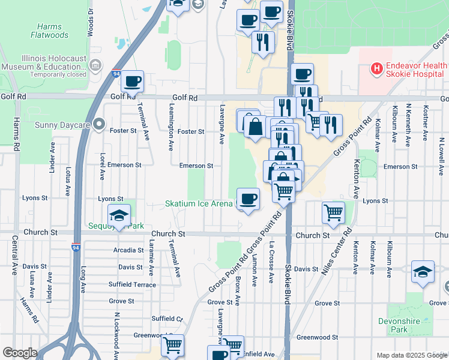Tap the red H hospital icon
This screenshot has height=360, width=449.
coord(377,69)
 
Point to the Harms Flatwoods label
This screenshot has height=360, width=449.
coord(49,31)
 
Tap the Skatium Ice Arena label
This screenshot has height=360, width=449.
coord(199,204)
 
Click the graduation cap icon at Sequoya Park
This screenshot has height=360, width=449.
coord(119,216)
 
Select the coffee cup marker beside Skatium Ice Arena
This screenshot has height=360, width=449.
coord(247,198)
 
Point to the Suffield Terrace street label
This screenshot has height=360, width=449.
coord(132,284)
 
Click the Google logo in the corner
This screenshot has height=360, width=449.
coord(19,353)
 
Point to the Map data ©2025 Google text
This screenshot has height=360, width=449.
coord(411,355)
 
